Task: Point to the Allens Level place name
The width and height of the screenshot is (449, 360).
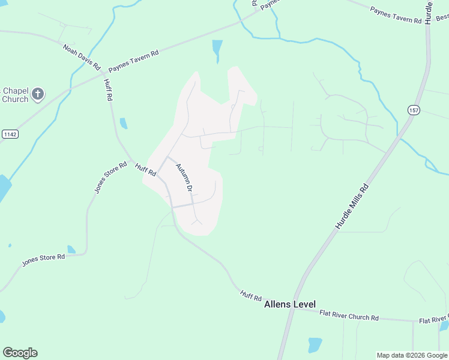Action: click(290, 304)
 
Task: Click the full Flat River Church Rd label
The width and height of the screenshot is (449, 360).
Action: click(349, 315)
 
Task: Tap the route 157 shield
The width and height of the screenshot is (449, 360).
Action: click(414, 110)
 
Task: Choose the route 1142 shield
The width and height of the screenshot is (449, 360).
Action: click(10, 133)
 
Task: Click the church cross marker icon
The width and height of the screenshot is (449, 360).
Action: click(38, 94)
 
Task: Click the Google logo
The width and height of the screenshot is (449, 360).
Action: click(20, 353)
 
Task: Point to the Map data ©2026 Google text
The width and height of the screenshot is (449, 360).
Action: click(412, 355)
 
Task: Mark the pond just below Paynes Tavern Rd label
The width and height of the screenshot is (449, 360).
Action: click(217, 49)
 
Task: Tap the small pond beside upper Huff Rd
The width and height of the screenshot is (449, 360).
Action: click(124, 124)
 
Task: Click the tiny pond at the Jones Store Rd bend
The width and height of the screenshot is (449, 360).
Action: click(71, 249)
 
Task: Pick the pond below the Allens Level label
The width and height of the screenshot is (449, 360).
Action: click(315, 344)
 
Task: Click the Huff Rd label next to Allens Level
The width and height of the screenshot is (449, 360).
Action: click(251, 295)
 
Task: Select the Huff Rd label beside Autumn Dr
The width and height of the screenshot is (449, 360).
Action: click(145, 170)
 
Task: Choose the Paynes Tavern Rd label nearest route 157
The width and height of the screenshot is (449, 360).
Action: click(396, 15)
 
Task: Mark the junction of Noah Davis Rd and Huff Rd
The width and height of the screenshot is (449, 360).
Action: click(103, 70)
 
